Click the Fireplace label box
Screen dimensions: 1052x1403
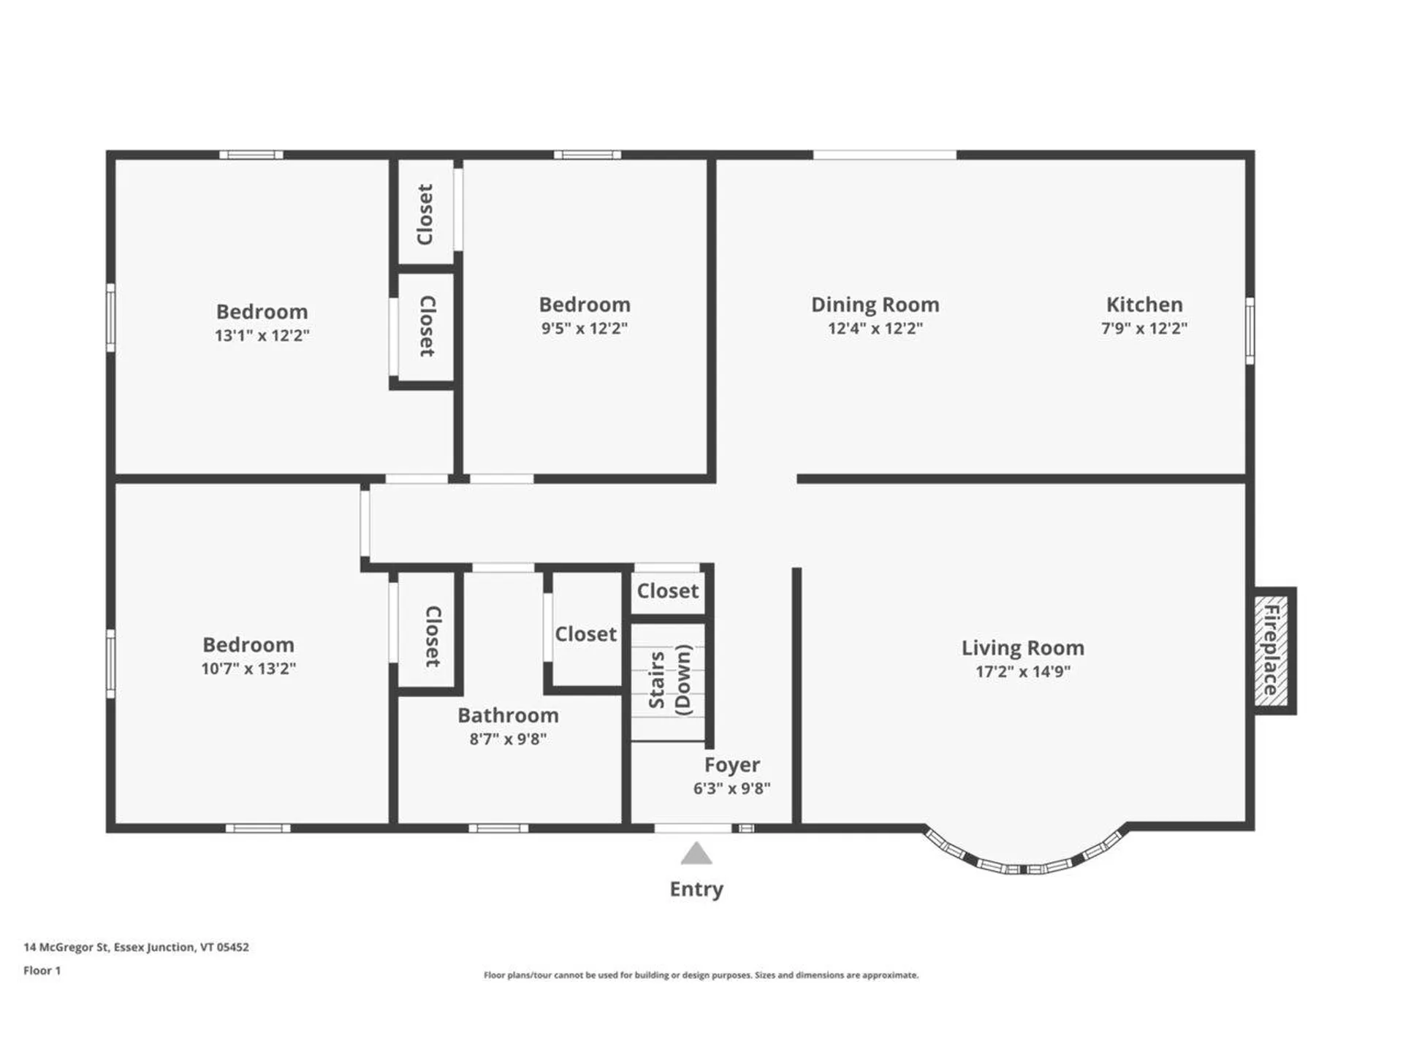(x=1272, y=650)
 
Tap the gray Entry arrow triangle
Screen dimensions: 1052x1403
(x=696, y=853)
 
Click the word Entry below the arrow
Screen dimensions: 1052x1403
(x=696, y=889)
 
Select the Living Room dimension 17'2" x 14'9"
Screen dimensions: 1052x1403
(x=1022, y=671)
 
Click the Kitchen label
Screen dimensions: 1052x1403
(x=1144, y=305)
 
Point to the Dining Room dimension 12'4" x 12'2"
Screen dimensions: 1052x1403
(x=875, y=328)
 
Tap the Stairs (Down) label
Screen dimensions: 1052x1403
(x=670, y=680)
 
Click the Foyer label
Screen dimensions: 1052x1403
(x=731, y=765)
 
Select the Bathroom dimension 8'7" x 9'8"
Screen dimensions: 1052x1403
(x=507, y=739)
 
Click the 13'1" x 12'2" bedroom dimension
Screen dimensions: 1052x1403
(x=262, y=335)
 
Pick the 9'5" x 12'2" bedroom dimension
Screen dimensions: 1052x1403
(x=584, y=328)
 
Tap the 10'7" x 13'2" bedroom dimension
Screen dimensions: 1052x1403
(x=248, y=668)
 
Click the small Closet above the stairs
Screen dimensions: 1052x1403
(x=667, y=590)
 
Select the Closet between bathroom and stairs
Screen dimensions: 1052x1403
(x=585, y=634)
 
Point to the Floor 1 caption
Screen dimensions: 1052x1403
(x=42, y=970)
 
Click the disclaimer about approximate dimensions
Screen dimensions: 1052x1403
(x=701, y=975)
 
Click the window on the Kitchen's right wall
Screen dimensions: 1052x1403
(x=1250, y=330)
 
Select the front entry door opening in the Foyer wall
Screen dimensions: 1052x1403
(x=692, y=828)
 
